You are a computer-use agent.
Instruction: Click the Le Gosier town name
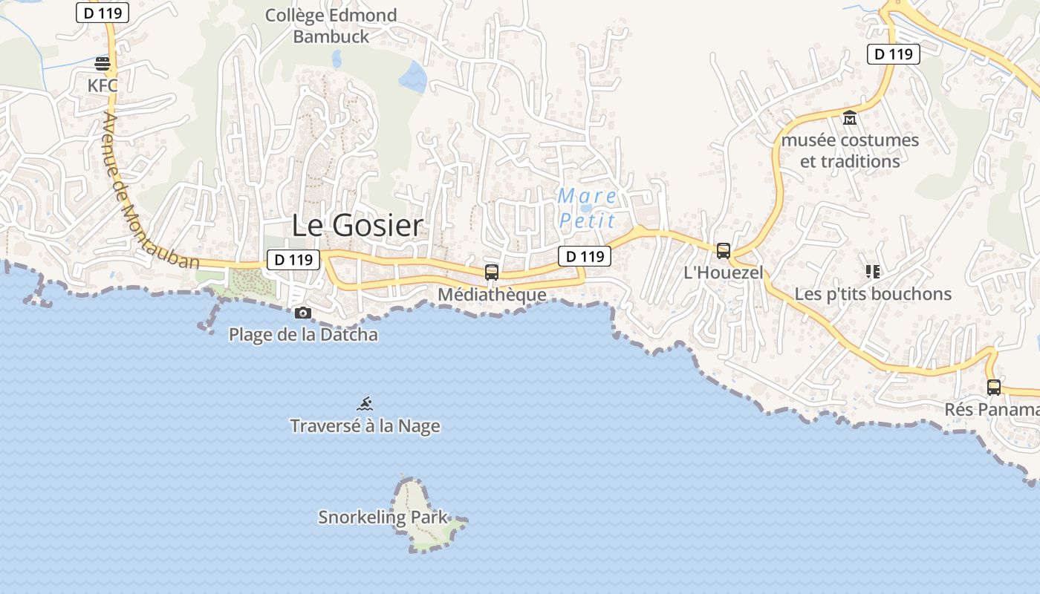point(357,225)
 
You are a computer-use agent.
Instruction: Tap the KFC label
point(103,85)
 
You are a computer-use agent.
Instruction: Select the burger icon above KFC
point(103,63)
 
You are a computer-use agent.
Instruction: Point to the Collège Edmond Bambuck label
point(331,25)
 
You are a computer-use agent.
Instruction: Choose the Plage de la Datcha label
point(303,334)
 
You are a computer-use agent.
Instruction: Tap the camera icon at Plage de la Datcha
point(302,313)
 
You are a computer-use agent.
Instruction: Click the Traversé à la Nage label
point(365,425)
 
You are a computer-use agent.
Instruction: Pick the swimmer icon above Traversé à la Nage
point(365,404)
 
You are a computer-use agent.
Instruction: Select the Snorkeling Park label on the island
point(383,517)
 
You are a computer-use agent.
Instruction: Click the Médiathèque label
point(492,294)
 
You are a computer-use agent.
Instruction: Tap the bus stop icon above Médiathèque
point(492,272)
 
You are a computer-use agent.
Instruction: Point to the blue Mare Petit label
point(587,208)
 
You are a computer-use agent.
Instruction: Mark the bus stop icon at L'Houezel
point(723,250)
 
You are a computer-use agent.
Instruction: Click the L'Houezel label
point(723,272)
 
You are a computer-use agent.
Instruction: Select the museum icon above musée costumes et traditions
point(850,117)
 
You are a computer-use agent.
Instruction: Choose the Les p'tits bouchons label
point(873,293)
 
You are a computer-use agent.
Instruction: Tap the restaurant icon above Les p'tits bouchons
point(872,272)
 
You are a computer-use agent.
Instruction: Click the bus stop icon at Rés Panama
point(994,387)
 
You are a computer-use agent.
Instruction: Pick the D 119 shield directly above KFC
point(103,13)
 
